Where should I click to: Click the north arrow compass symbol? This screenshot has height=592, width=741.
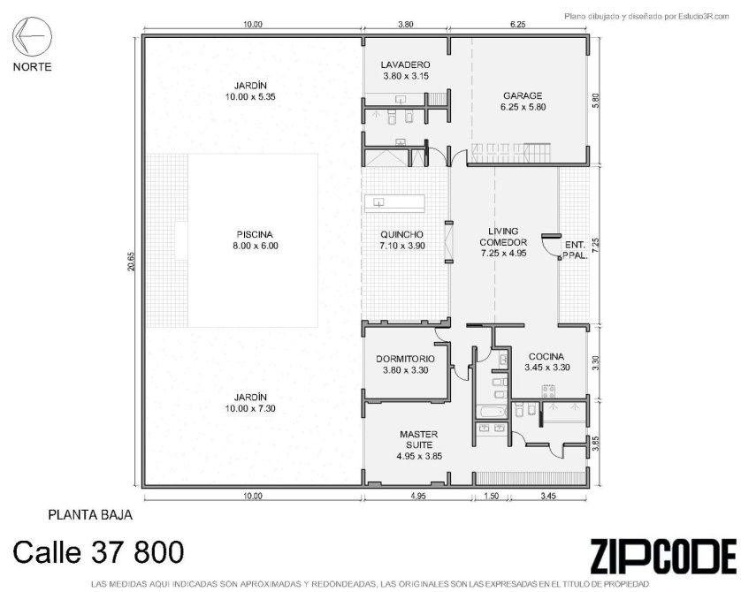(x=32, y=36)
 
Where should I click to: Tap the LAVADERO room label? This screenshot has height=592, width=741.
(x=405, y=65)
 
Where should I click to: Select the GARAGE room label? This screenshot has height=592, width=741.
(x=523, y=95)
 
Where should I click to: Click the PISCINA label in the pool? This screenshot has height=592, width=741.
(x=255, y=234)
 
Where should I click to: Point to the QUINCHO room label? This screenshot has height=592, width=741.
(x=402, y=234)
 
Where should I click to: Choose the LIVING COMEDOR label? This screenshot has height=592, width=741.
(x=503, y=237)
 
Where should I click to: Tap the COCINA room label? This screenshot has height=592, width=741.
(x=546, y=356)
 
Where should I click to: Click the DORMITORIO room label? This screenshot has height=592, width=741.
(x=405, y=359)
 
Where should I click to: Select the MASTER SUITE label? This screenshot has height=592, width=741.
(x=419, y=439)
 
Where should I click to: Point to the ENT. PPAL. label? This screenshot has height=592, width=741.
(x=576, y=251)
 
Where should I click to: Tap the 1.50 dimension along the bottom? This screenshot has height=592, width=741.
(x=492, y=496)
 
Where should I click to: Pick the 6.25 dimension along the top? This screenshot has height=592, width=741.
(x=518, y=25)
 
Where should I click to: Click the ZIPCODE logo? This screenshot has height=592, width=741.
(x=663, y=556)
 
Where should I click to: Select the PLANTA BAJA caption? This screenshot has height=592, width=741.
(x=90, y=514)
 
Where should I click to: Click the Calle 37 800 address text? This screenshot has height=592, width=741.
(x=98, y=552)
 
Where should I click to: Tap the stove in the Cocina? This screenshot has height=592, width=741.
(x=547, y=391)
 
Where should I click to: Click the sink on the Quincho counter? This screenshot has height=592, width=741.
(x=378, y=202)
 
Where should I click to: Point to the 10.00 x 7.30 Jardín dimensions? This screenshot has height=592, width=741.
(x=250, y=408)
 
